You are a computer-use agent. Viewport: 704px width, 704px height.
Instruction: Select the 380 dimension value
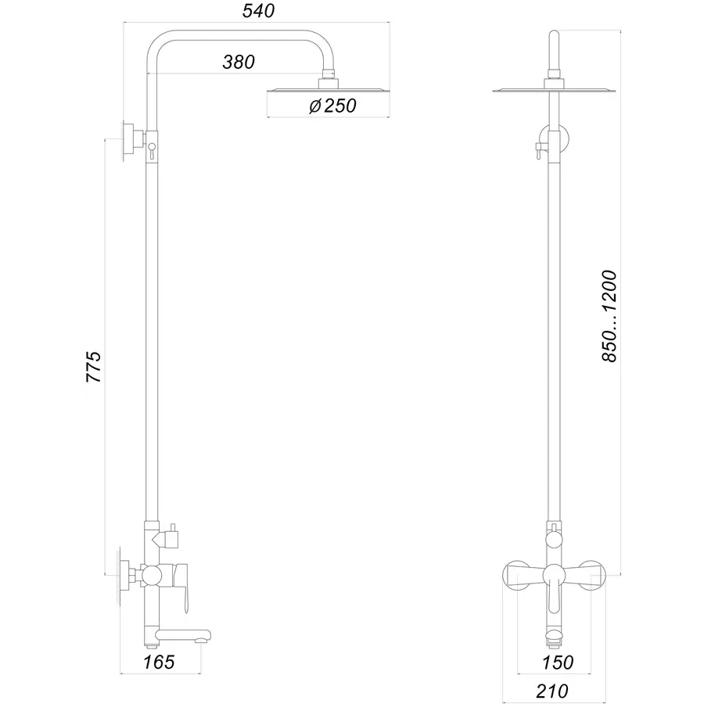[239, 63]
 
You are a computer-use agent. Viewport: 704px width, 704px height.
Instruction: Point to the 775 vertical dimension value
[93, 366]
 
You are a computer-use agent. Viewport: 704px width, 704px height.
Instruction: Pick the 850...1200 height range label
[610, 316]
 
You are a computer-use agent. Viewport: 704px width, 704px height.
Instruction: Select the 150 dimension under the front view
[559, 663]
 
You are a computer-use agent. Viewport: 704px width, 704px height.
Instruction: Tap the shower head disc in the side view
[328, 92]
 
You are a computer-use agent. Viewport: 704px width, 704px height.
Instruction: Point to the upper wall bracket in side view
[130, 142]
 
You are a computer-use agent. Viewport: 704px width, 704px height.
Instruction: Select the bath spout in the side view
[183, 634]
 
